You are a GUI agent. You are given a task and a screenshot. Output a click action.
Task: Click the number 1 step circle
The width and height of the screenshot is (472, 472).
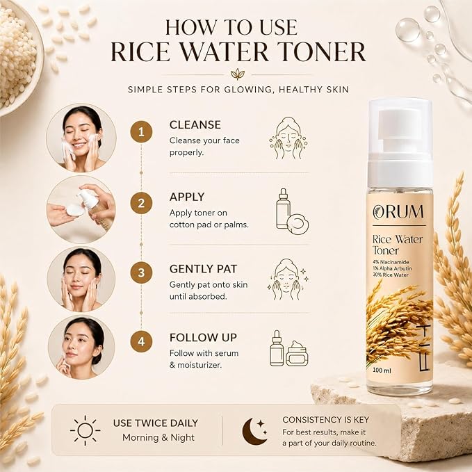coord(141,132)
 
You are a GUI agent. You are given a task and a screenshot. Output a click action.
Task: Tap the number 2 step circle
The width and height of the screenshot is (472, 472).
coord(141,203)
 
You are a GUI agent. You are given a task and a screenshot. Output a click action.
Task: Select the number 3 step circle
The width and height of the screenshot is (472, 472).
coord(141,272)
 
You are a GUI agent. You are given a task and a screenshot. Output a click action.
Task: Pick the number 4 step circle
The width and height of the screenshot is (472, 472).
coord(141,341)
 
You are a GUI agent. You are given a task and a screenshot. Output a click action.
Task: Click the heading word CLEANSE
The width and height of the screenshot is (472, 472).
coord(195,125)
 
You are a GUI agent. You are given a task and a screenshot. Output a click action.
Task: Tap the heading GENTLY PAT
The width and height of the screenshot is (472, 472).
coord(203,269)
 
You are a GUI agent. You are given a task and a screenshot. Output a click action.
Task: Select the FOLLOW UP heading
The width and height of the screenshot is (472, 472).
coord(203,337)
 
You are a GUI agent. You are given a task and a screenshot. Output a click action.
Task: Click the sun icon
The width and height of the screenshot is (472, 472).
coord(86,430)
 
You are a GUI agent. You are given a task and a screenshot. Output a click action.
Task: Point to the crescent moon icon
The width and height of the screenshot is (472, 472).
coord(254,431)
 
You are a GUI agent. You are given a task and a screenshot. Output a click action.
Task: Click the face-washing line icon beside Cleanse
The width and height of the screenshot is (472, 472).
coord(288,138)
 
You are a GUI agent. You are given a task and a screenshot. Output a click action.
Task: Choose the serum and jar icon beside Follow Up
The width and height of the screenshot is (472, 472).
coord(288,348)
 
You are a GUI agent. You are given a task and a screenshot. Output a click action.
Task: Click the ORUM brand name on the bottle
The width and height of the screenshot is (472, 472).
coord(398,212)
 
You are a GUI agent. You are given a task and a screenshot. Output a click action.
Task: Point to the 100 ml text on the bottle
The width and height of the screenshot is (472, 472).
coord(382,371)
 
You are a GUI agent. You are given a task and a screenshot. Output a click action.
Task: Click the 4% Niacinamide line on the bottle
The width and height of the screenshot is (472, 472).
coord(391,262)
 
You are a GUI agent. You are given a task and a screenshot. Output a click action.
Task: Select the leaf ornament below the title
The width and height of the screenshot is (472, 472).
coord(238,74)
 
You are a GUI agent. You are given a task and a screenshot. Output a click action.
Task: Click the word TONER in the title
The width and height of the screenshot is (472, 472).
coord(320,51)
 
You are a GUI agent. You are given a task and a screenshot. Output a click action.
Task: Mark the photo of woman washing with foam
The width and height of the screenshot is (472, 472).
coord(81,138)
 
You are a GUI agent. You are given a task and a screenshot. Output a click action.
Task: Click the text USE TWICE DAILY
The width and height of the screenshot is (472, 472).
coord(156,423)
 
